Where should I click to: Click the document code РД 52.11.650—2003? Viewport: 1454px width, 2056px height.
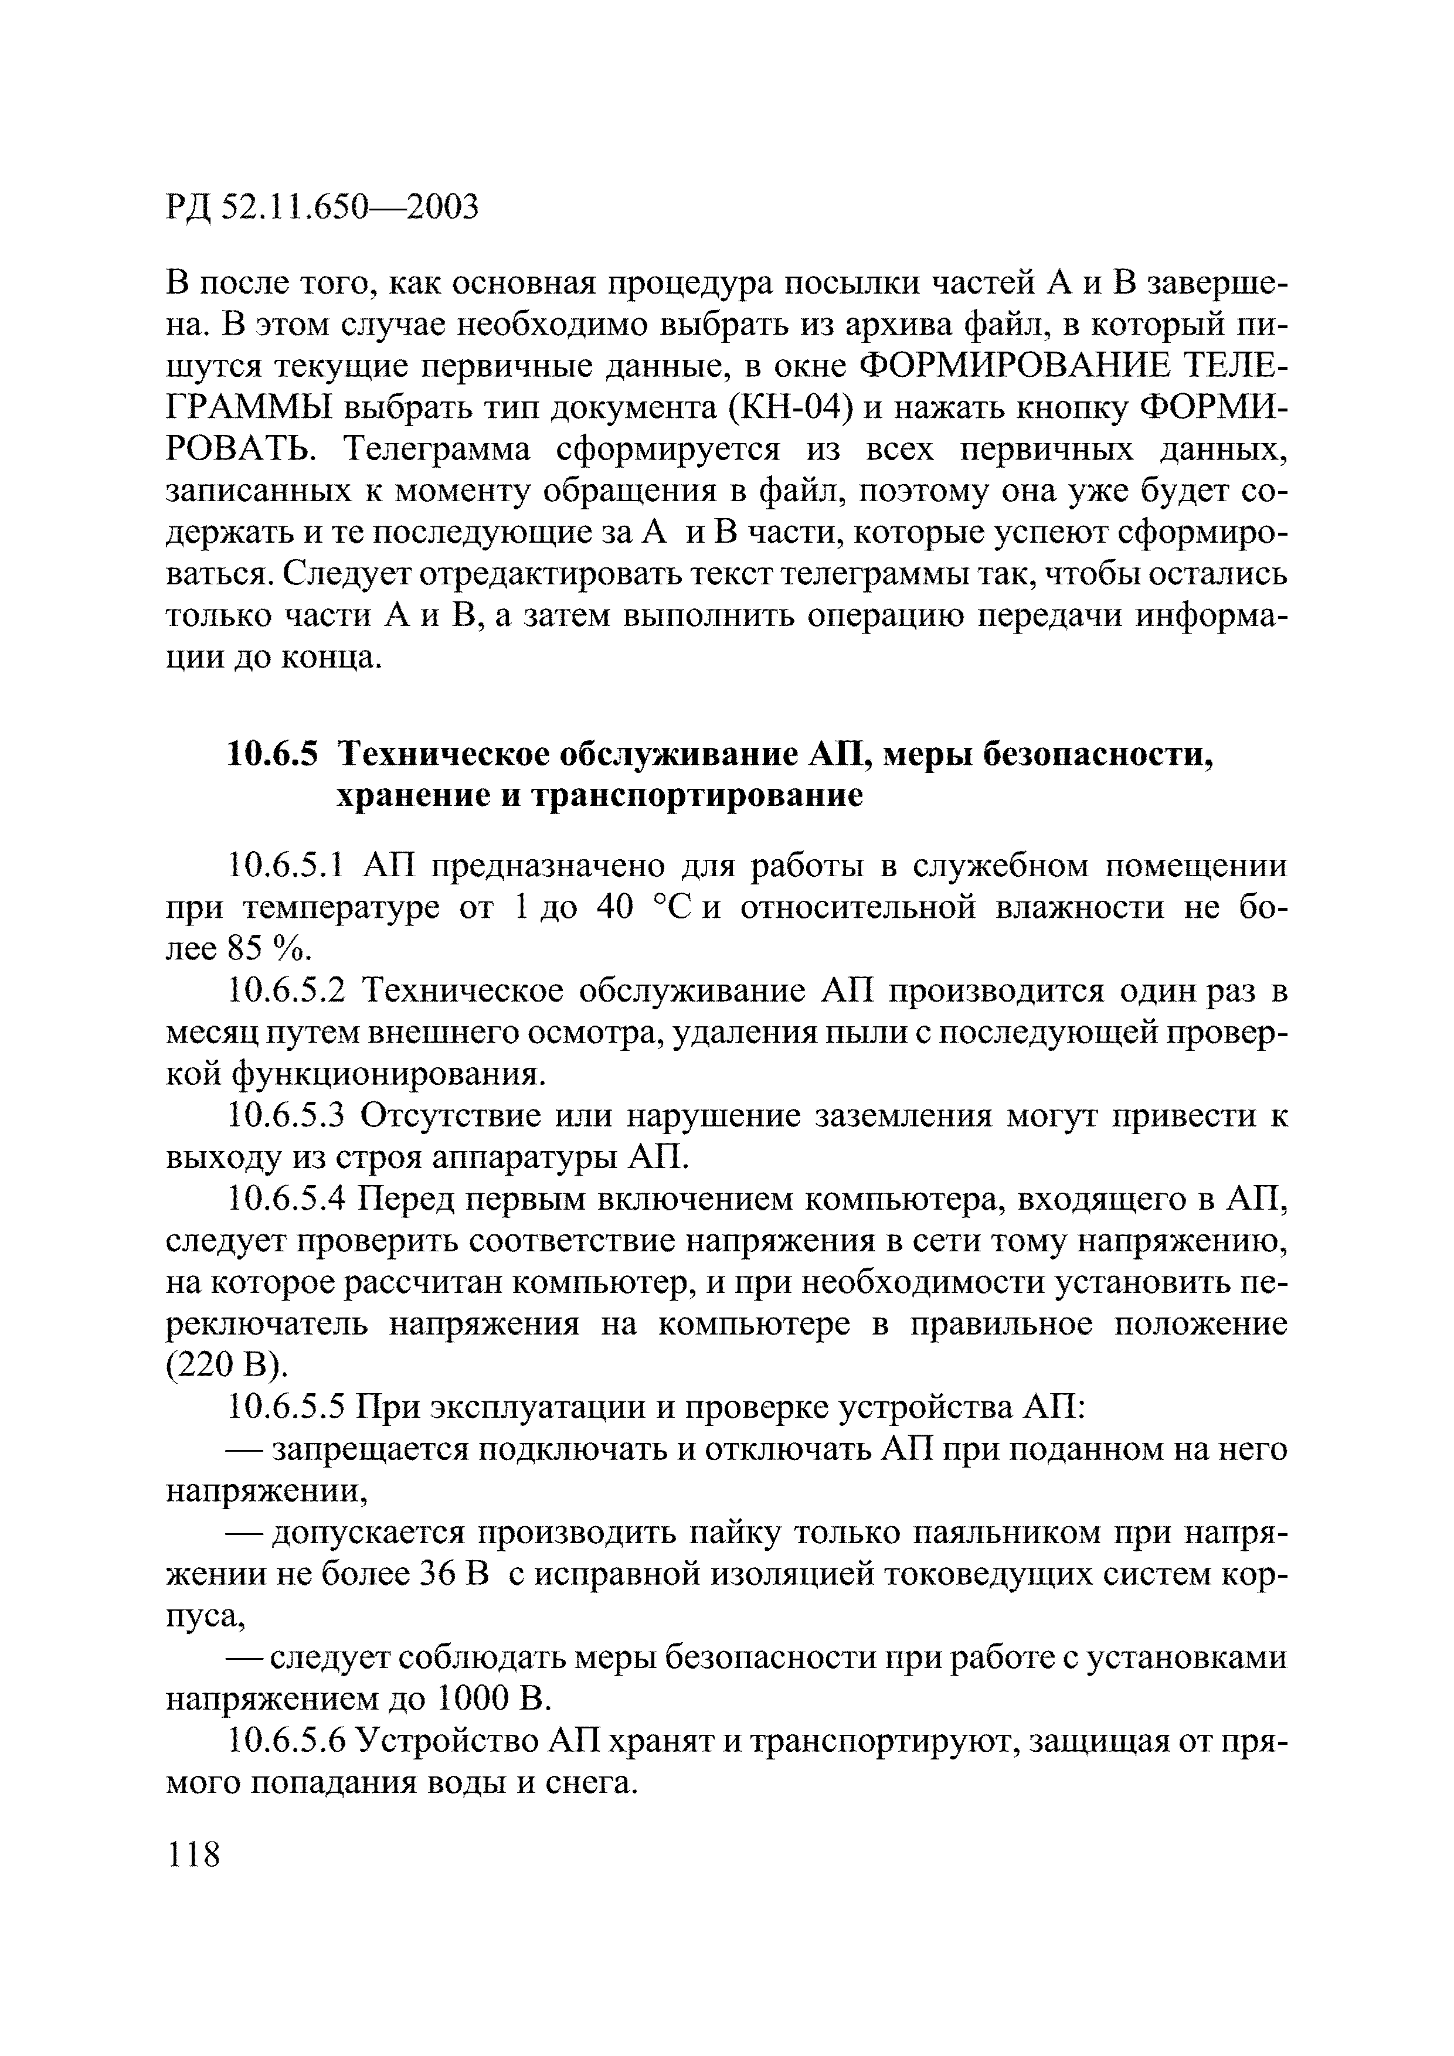pyautogui.click(x=322, y=207)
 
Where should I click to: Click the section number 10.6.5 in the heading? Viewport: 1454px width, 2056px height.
pyautogui.click(x=273, y=755)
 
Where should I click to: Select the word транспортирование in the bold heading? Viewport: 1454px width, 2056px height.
pyautogui.click(x=699, y=796)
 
